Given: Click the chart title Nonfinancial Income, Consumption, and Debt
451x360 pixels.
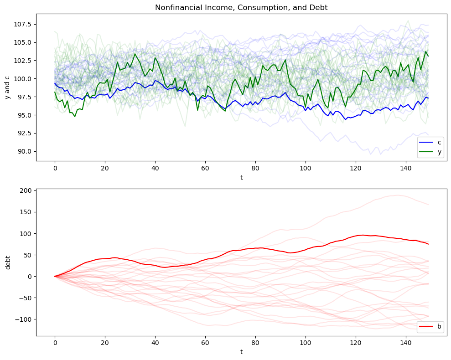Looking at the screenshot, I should [241, 7].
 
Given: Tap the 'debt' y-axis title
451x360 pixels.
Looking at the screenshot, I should [7, 262].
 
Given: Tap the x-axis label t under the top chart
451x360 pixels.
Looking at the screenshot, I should [241, 177].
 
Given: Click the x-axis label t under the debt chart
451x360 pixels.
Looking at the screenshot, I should [241, 352].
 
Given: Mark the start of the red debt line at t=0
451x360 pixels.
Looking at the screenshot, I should [55, 276].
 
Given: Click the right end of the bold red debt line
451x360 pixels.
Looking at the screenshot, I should [428, 244].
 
